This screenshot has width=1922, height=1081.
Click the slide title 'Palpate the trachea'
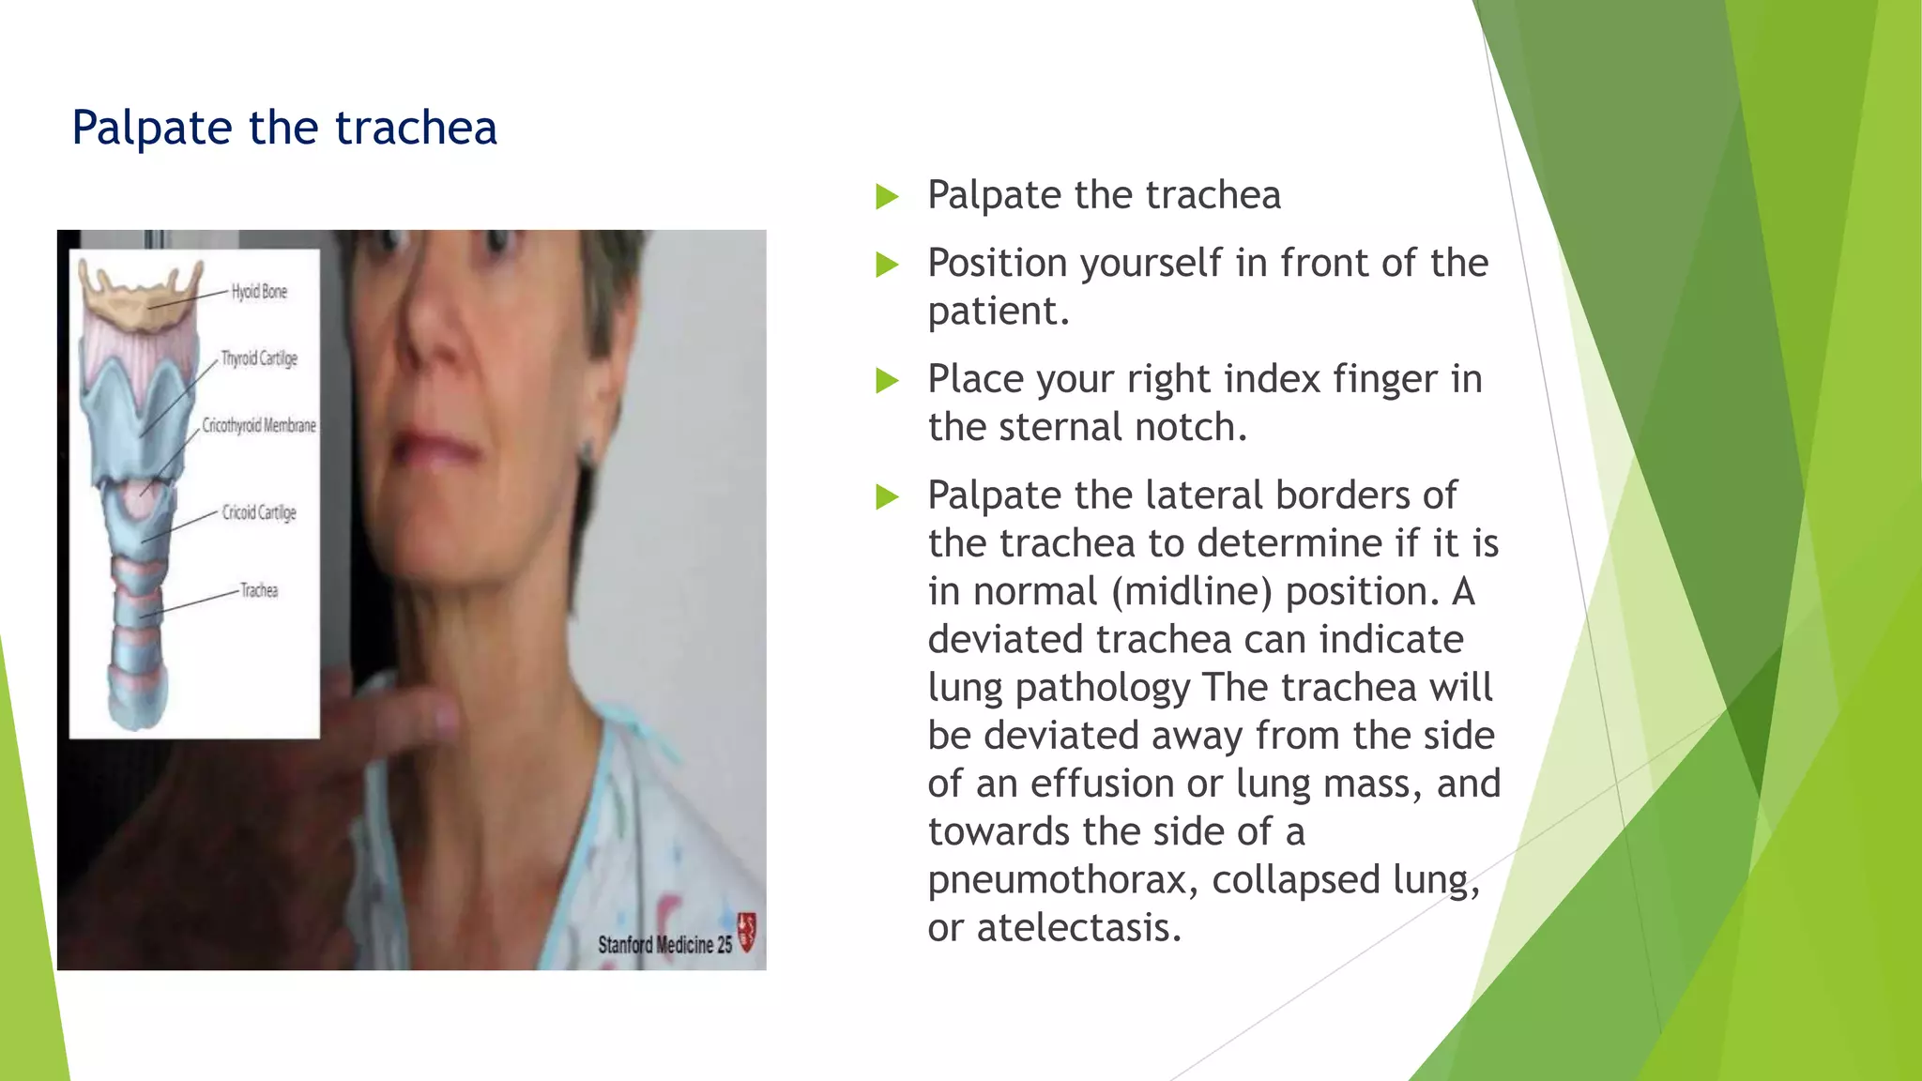pos(283,128)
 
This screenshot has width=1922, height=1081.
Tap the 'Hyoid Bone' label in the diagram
pos(259,292)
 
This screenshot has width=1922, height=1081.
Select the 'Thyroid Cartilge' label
pos(259,358)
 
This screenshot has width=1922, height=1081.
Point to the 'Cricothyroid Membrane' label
pos(259,426)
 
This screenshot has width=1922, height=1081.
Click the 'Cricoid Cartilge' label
pos(259,512)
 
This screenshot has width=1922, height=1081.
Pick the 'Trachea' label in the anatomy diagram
pos(259,590)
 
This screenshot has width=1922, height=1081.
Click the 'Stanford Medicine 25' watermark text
pos(664,944)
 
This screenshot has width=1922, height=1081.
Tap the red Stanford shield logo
pos(747,932)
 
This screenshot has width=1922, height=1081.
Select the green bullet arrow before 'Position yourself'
pos(887,265)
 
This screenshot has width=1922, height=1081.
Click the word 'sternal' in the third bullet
pos(1060,428)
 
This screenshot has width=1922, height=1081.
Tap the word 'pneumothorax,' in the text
pos(1063,880)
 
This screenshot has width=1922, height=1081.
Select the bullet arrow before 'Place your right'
pos(887,381)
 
